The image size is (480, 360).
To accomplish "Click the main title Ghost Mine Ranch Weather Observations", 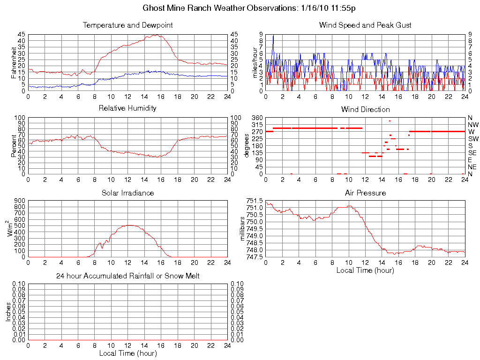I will (x=251, y=8).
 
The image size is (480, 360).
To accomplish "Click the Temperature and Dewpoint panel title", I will (x=127, y=25).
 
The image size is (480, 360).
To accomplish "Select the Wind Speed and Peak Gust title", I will (x=365, y=25).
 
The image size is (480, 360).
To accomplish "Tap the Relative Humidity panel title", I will (x=127, y=108).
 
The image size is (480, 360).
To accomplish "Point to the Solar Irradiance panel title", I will (x=127, y=193).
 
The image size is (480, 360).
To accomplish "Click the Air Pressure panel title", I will (x=365, y=193).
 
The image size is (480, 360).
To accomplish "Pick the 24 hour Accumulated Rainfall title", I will (x=127, y=276).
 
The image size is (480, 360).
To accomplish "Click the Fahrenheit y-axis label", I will (x=14, y=62).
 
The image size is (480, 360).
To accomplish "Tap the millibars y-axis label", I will (x=242, y=229).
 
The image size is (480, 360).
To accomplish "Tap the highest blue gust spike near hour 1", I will (x=273, y=35).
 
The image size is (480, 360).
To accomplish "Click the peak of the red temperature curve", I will (x=157, y=35).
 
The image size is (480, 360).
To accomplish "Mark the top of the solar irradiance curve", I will (x=129, y=225).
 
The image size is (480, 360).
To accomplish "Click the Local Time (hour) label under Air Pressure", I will (x=365, y=270).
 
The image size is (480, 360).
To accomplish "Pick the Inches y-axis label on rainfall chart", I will (x=8, y=312).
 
